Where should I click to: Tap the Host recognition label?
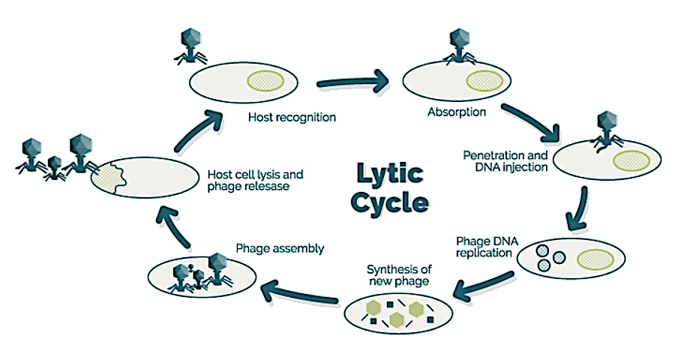coord(292,118)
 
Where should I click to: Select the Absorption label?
coord(456,112)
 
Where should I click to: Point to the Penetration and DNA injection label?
coord(509,160)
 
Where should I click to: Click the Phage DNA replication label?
coord(484,247)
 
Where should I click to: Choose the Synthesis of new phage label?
coord(397,274)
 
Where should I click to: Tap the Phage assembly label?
coord(280,248)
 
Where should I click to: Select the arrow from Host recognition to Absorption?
coord(352,80)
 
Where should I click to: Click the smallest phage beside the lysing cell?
coord(53,167)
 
